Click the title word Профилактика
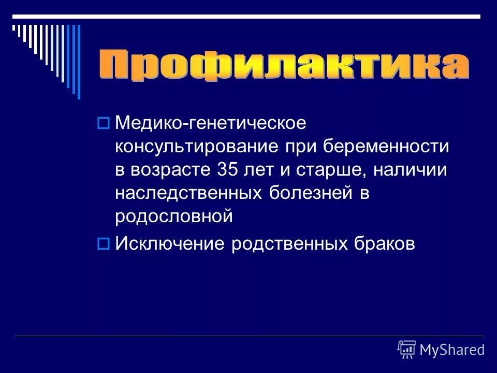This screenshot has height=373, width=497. (284, 66)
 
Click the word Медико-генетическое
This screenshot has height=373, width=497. (211, 124)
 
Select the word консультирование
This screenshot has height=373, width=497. (197, 147)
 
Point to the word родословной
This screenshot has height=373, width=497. (174, 217)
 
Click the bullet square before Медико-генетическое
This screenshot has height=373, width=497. (102, 123)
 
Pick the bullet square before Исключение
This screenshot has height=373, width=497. (102, 242)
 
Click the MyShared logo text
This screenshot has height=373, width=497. (452, 350)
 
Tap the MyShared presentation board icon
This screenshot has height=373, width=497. (407, 350)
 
